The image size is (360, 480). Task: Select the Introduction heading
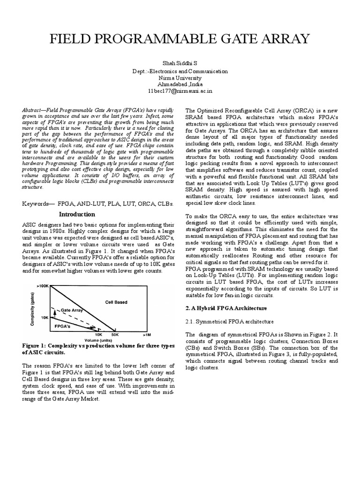pyautogui.click(x=77, y=214)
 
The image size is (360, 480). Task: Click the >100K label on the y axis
pyautogui.click(x=43, y=285)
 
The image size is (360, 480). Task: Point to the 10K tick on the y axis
pyautogui.click(x=45, y=317)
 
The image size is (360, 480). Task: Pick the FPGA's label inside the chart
pyautogui.click(x=62, y=324)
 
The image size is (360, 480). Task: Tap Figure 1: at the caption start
pyautogui.click(x=37, y=346)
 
